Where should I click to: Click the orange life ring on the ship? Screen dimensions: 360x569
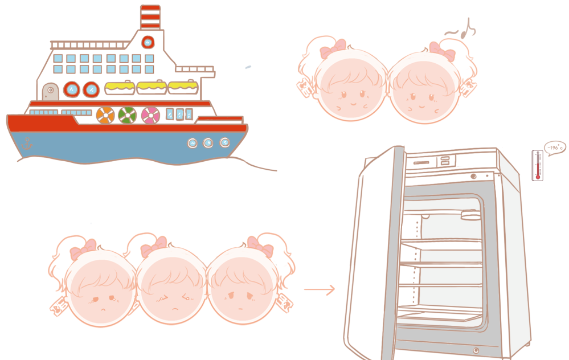105,115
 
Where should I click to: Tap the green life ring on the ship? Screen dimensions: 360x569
128,115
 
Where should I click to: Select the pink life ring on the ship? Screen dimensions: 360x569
151,115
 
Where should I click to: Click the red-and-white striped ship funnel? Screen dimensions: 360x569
150,17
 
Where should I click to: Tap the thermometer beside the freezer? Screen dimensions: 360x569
537,165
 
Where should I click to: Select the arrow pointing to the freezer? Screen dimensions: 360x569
320,290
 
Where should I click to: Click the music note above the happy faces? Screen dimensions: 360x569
467,29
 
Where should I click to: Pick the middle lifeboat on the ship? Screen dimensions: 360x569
151,88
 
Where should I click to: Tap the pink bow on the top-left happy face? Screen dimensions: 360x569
333,50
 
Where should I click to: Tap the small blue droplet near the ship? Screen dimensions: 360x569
248,67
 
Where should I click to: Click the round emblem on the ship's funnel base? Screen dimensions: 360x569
148,42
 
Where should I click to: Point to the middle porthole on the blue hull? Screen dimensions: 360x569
208,142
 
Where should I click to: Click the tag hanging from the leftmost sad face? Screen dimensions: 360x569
58,306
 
